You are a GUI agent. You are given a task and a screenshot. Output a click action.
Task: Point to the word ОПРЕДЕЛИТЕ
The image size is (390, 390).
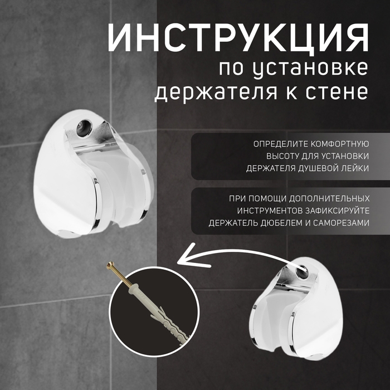tap(277, 144)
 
